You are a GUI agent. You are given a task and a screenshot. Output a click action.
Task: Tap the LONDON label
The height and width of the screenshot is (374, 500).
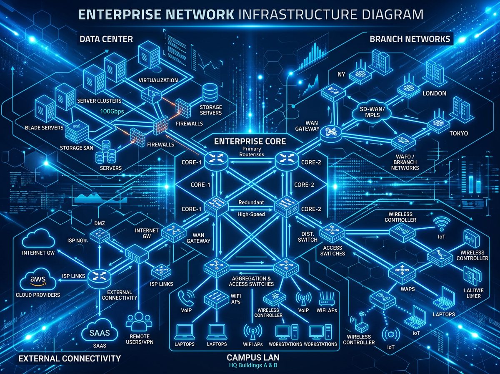pyautogui.click(x=434, y=93)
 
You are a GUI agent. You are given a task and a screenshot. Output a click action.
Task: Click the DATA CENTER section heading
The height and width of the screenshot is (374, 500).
pyautogui.click(x=106, y=39)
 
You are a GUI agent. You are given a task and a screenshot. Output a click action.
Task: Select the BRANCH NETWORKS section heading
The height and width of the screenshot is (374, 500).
pyautogui.click(x=410, y=39)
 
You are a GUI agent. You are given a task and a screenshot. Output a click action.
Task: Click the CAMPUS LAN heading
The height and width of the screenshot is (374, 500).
pyautogui.click(x=253, y=358)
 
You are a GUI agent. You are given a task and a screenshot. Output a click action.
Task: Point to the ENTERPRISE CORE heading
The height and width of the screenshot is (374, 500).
pyautogui.click(x=250, y=142)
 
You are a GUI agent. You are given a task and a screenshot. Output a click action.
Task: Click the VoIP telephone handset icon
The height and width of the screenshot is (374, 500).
pyautogui.click(x=185, y=298)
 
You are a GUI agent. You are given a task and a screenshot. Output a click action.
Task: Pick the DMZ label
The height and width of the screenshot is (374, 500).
pyautogui.click(x=100, y=223)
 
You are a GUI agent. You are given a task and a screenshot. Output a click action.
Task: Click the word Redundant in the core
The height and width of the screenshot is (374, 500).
pyautogui.click(x=251, y=202)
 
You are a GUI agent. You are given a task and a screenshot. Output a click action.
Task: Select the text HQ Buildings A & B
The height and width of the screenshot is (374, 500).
pyautogui.click(x=253, y=366)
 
